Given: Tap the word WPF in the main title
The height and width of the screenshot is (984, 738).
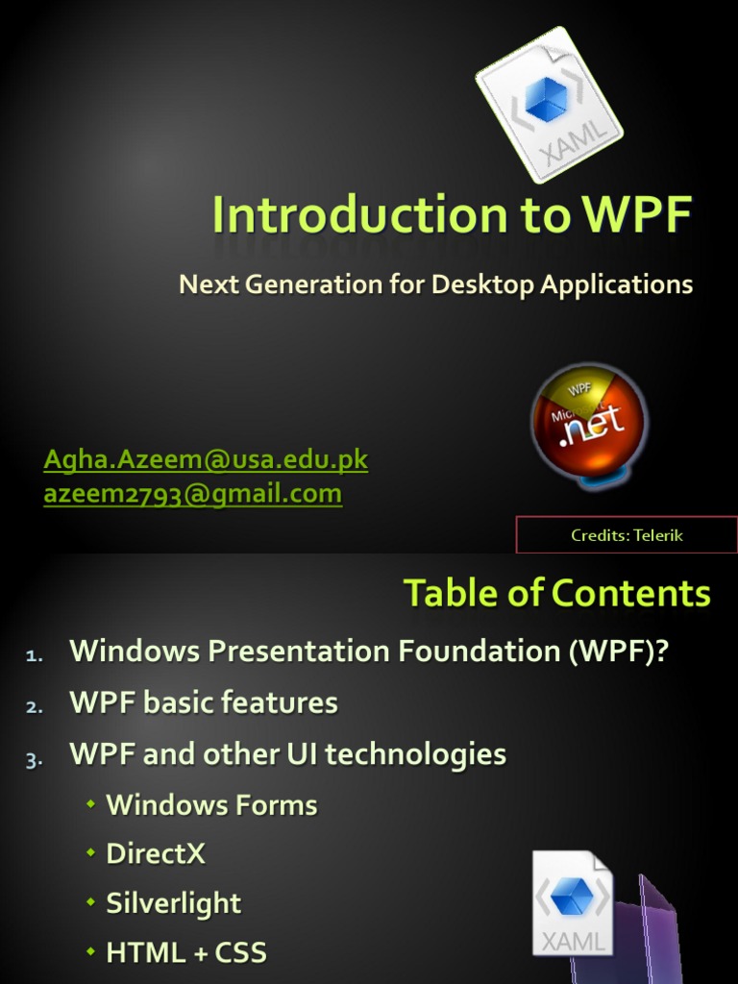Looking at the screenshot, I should [635, 215].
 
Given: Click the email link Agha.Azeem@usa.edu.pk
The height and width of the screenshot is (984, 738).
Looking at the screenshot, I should [206, 459].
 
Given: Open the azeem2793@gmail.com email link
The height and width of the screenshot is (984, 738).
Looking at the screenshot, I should [192, 494].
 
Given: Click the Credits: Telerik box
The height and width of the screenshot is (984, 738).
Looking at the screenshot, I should [627, 535].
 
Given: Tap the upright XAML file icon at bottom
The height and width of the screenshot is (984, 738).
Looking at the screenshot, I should [573, 904].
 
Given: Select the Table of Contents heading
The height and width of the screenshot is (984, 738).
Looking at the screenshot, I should [556, 593].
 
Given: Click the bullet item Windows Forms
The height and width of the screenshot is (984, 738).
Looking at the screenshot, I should [211, 805].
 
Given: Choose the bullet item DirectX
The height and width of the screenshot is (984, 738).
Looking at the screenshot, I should [156, 854].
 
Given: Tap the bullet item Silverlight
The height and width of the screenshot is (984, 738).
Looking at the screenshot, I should [174, 903].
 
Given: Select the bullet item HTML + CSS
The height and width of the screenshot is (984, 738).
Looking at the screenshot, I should [185, 953].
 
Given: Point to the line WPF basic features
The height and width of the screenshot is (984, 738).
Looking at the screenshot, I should [204, 703].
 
